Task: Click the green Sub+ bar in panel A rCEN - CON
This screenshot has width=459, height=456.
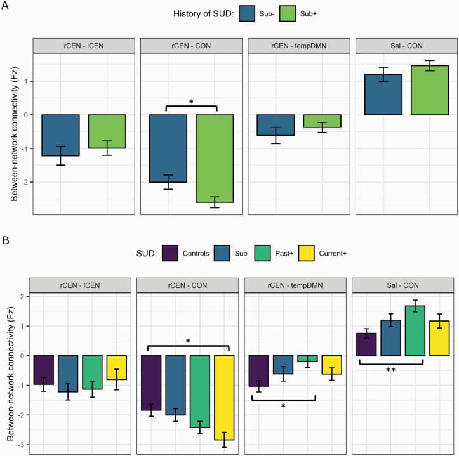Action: click(214, 159)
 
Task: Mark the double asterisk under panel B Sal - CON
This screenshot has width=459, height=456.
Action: click(390, 370)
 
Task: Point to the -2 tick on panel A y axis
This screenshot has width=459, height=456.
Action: click(26, 182)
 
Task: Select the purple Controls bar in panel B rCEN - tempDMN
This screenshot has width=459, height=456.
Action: click(259, 371)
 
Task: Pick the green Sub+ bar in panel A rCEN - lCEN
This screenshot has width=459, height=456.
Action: click(107, 131)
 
